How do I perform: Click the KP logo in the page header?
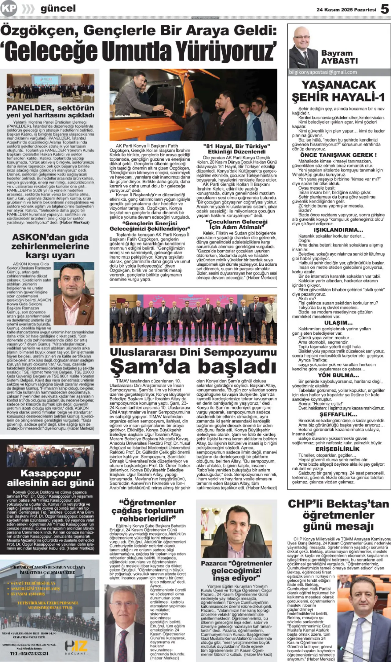click(9, 9)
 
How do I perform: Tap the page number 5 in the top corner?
click(385, 9)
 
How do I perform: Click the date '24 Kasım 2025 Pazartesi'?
click(346, 10)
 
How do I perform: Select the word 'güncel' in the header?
click(58, 9)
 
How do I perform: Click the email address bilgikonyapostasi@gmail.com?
click(323, 72)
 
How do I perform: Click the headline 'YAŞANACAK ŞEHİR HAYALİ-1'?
click(338, 91)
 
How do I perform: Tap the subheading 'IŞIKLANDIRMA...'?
click(338, 230)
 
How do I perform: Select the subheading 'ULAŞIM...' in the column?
click(338, 323)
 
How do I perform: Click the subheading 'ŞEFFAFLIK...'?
click(338, 414)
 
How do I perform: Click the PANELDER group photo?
click(50, 88)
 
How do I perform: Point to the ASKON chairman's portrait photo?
click(74, 294)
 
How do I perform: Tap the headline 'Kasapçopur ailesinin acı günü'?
click(50, 478)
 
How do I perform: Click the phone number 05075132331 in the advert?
click(29, 653)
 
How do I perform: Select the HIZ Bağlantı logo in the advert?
click(76, 647)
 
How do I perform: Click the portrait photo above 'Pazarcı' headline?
click(236, 532)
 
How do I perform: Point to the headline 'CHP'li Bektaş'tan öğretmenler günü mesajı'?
click(338, 515)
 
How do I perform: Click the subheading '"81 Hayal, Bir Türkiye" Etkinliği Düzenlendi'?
click(237, 149)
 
